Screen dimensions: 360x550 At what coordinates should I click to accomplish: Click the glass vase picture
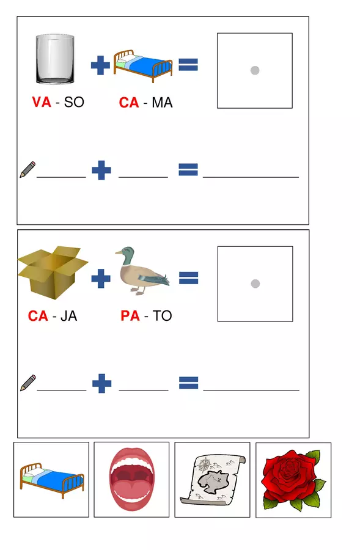click(x=55, y=59)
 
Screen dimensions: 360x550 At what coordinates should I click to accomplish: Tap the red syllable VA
click(x=42, y=102)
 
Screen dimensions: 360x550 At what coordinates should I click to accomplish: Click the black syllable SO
click(x=74, y=102)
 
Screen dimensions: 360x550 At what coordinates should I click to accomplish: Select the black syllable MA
click(x=162, y=103)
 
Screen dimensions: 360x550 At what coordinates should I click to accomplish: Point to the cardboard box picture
click(x=53, y=273)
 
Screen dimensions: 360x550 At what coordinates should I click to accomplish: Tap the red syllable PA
click(x=130, y=316)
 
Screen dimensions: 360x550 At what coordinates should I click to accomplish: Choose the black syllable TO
click(x=162, y=316)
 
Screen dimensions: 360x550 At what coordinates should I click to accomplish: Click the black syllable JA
click(x=69, y=316)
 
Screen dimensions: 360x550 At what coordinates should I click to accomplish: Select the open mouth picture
click(x=131, y=479)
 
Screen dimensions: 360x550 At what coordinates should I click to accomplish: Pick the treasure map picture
click(x=213, y=480)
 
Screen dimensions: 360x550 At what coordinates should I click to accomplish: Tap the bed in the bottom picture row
click(x=51, y=480)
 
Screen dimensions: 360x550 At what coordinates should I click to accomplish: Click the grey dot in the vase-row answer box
click(x=255, y=70)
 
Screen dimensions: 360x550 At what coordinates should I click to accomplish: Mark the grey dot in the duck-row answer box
click(x=255, y=284)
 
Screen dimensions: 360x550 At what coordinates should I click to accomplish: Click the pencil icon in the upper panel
click(x=28, y=169)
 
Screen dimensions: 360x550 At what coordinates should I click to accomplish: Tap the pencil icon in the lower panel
click(x=28, y=383)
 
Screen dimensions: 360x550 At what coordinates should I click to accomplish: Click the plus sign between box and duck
click(x=101, y=279)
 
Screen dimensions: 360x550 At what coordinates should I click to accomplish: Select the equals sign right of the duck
click(x=189, y=278)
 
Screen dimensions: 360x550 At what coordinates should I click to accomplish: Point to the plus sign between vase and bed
click(x=100, y=65)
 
